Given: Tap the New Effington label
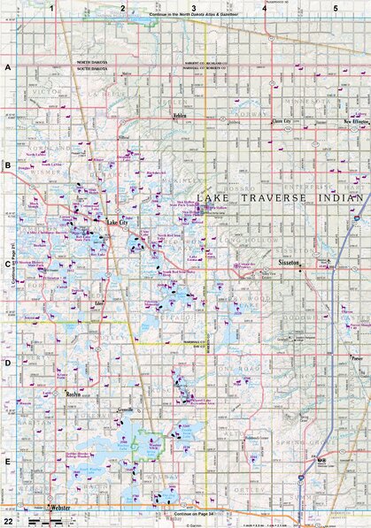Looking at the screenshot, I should click(355, 122).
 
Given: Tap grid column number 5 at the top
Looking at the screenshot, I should click(335, 8).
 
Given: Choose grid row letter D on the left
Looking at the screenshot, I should click(7, 363).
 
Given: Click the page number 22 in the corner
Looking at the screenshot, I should click(7, 522).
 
